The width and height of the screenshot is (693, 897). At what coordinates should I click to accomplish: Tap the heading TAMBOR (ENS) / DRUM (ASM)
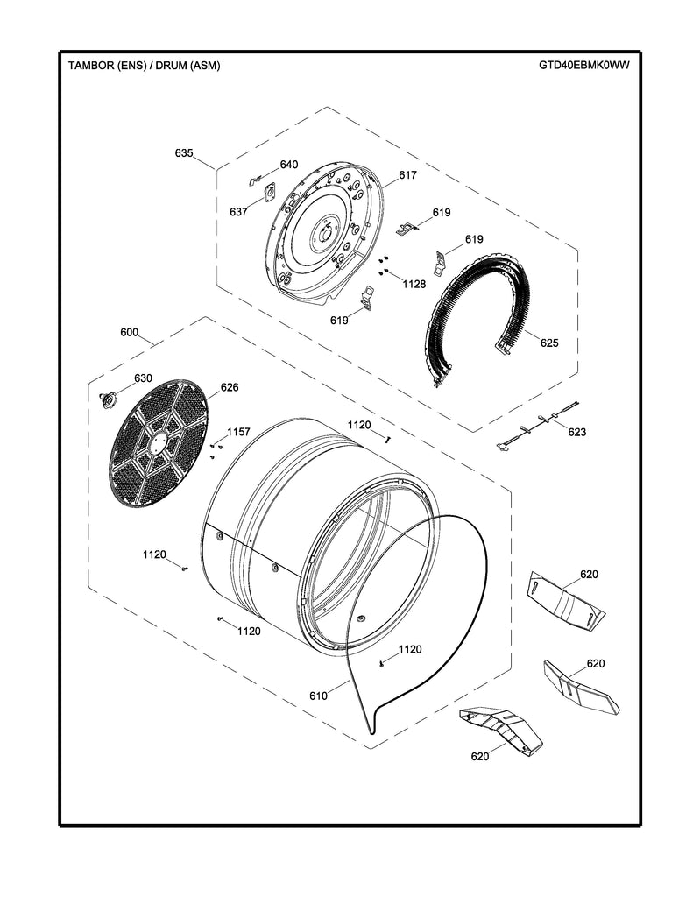(138, 66)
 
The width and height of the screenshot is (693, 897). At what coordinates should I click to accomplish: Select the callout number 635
(184, 153)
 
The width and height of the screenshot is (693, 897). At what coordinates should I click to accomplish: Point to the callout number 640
(289, 165)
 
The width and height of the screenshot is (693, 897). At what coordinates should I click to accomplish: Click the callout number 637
(239, 212)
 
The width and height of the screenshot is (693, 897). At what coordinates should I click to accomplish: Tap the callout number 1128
(414, 284)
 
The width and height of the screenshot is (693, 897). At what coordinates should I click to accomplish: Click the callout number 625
(549, 343)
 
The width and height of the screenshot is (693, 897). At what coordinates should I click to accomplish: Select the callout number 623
(576, 432)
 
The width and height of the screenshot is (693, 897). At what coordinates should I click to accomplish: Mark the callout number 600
(130, 333)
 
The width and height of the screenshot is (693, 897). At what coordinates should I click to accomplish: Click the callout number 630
(143, 378)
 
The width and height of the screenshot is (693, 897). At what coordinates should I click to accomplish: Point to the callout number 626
(230, 387)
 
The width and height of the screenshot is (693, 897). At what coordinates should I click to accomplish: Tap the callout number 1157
(238, 432)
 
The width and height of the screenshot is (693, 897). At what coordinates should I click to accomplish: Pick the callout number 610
(317, 696)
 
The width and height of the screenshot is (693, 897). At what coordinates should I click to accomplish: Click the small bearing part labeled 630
(110, 399)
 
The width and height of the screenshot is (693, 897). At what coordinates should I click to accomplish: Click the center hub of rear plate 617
(322, 233)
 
